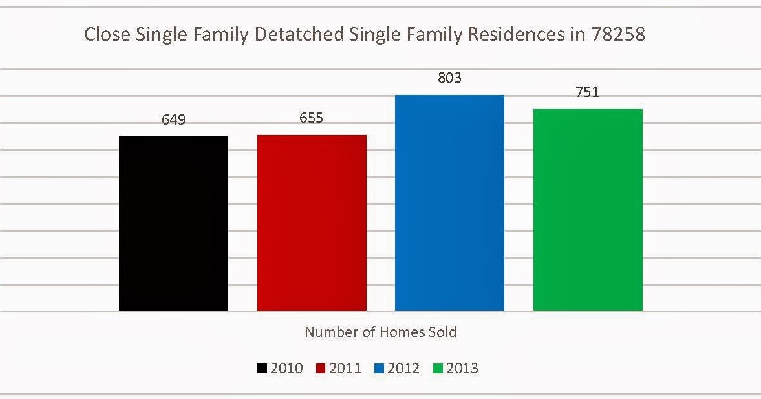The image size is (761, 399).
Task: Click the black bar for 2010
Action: pyautogui.click(x=173, y=223)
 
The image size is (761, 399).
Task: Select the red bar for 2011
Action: pyautogui.click(x=312, y=223)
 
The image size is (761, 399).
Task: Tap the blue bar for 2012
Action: pyautogui.click(x=449, y=203)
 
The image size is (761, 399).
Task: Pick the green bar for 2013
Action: pyautogui.click(x=588, y=210)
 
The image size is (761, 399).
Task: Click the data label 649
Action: pyautogui.click(x=173, y=119)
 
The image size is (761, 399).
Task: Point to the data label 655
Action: pyautogui.click(x=311, y=118)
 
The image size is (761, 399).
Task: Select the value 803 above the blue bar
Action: pyautogui.click(x=449, y=78)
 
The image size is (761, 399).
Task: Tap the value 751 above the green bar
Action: pyautogui.click(x=587, y=92)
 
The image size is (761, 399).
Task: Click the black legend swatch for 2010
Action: pyautogui.click(x=262, y=369)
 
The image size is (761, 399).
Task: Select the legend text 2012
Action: pyautogui.click(x=404, y=369)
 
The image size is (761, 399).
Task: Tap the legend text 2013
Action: pyautogui.click(x=463, y=369)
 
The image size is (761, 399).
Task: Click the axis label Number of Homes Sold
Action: pyautogui.click(x=380, y=332)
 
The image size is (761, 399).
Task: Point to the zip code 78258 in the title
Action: pyautogui.click(x=618, y=35)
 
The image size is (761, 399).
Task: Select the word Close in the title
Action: pyautogui.click(x=105, y=35)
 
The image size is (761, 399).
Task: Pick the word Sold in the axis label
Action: pyautogui.click(x=443, y=332)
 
